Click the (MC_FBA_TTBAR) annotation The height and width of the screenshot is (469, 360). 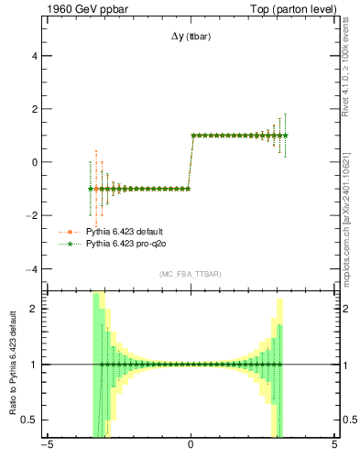191,275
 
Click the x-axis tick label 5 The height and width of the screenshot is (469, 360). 334,448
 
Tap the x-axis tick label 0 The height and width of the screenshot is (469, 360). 191,448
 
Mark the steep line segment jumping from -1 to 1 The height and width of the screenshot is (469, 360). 190,162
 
